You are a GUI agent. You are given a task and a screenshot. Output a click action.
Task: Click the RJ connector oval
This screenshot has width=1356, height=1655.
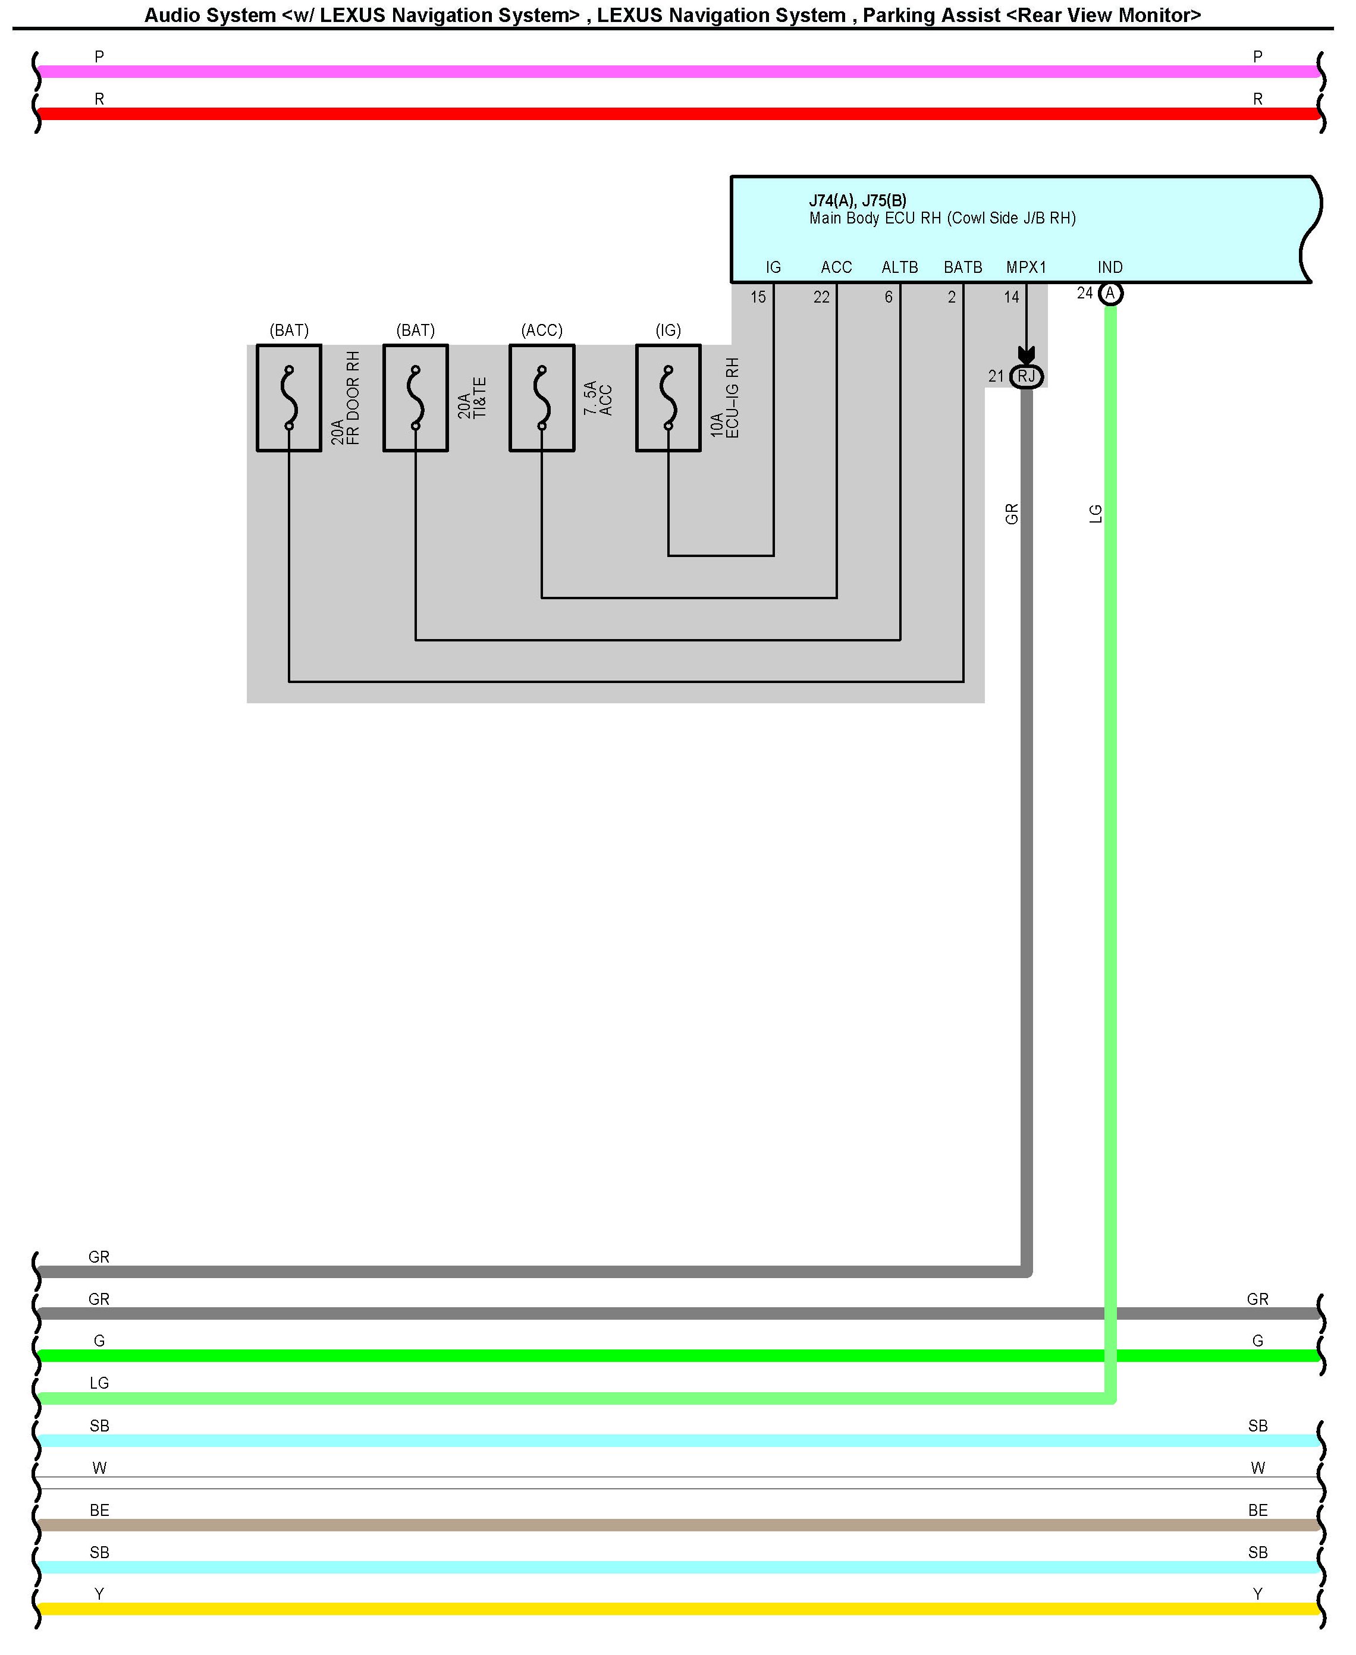tap(1027, 377)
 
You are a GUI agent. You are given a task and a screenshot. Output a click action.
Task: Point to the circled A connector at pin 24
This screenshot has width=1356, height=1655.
tap(1110, 294)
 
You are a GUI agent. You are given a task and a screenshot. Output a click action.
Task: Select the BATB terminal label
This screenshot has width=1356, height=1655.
tap(963, 268)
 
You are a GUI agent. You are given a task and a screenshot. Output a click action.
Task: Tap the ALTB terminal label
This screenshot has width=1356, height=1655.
tap(900, 268)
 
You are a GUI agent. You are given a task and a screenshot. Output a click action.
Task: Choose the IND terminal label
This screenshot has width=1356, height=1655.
tap(1110, 268)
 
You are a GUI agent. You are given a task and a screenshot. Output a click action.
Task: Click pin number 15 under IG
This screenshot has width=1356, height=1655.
tap(758, 297)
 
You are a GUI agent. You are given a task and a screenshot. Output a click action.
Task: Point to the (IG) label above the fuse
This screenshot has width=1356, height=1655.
tap(668, 330)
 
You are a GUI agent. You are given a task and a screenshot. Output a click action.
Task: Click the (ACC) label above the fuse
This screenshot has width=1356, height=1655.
tap(542, 330)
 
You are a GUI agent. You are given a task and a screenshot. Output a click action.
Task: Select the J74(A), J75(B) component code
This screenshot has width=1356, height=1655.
tap(858, 200)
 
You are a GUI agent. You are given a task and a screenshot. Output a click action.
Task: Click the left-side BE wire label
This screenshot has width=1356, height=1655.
tap(99, 1510)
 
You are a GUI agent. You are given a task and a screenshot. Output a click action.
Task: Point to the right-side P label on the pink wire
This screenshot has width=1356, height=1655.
tap(1258, 57)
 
